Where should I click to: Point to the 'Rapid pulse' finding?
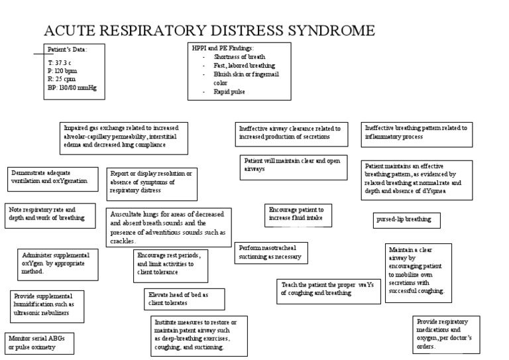point(229,91)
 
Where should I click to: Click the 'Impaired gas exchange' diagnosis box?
point(125,138)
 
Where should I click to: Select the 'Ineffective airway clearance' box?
point(289,135)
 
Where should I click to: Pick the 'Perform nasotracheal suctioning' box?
point(271,252)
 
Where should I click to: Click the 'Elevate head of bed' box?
point(184,299)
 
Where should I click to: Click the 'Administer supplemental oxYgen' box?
point(56,263)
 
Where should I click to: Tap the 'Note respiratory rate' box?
point(47,213)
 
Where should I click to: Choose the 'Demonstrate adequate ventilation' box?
point(53,176)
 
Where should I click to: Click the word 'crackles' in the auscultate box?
point(125,241)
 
